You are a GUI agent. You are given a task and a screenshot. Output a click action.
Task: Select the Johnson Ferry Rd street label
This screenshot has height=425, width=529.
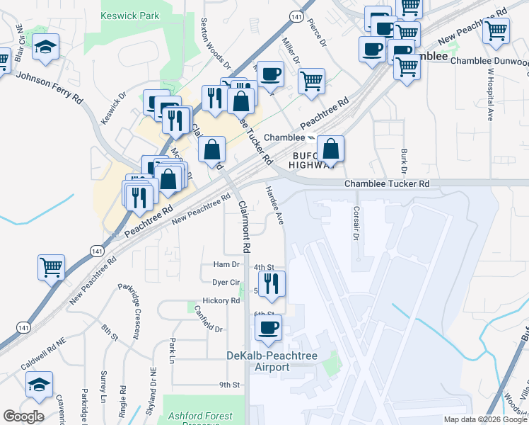click(49, 87)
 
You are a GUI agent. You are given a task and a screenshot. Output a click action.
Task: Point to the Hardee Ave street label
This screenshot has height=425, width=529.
click(274, 205)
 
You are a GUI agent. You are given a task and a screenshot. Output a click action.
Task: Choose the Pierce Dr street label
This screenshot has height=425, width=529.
click(316, 32)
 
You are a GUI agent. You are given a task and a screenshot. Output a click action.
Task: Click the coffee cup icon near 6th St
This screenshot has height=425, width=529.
click(268, 327)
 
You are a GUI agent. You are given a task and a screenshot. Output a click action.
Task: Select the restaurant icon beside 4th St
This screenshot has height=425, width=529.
click(272, 283)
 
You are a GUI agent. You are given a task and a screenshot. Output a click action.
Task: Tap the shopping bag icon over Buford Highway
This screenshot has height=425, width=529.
click(330, 148)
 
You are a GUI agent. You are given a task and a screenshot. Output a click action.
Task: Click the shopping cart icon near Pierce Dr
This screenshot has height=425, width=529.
click(311, 81)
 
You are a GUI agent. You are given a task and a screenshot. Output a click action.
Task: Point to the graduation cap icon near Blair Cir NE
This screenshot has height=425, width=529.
click(46, 46)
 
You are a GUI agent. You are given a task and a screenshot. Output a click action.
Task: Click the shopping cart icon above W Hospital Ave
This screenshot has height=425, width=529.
click(496, 30)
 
